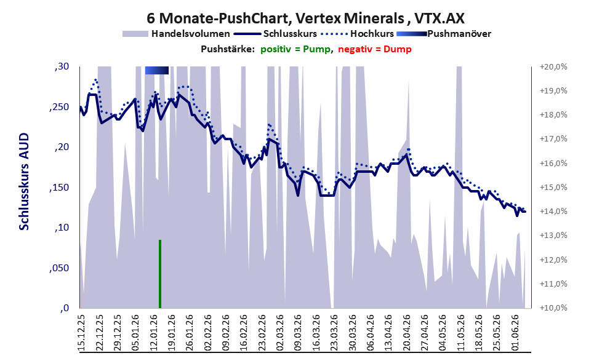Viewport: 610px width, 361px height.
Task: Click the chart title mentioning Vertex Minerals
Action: pos(305,18)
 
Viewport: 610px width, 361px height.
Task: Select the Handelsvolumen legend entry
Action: pos(176,34)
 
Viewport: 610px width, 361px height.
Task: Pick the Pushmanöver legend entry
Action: pos(444,34)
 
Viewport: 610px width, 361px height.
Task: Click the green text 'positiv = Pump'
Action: pos(296,49)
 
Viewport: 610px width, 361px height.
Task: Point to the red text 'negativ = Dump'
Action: pos(375,49)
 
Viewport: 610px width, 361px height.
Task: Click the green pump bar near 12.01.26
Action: pos(160,274)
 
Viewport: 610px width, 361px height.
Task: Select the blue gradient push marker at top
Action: pos(157,70)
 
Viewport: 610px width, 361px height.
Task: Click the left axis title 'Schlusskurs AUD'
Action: pos(24,181)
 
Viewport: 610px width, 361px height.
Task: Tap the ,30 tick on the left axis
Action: pos(62,66)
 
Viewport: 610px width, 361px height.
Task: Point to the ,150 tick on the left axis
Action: pos(59,188)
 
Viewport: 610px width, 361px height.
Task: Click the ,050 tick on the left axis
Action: pos(59,268)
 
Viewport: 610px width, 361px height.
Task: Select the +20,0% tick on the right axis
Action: pos(553,67)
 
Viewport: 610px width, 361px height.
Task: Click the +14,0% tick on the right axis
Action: pos(553,212)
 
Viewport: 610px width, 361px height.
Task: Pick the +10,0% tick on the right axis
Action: pos(553,307)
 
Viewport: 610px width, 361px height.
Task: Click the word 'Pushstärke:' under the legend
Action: pos(228,49)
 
